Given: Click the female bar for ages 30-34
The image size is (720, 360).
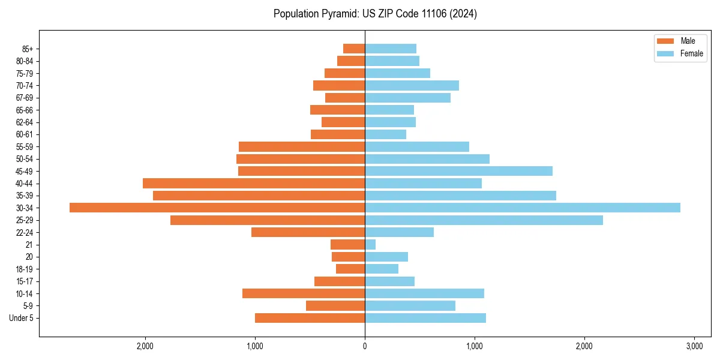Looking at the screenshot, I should pos(522,208).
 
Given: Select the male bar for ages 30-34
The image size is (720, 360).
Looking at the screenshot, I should pos(217,208).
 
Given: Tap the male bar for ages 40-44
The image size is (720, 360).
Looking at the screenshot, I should pos(254,184).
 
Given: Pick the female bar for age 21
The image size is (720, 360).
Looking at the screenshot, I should pos(370,245).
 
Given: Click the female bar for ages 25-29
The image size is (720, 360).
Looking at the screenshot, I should pos(484,220).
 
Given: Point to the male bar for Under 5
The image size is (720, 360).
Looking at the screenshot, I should pos(310,318).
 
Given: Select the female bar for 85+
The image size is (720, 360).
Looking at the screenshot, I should pos(391,49).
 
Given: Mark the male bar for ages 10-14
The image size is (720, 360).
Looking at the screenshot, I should pos(304,293).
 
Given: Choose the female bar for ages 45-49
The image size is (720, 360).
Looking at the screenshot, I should pos(458,171).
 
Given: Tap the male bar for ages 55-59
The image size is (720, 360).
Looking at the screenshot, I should pos(302,146).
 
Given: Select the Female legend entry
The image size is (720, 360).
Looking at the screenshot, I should pos(680,53).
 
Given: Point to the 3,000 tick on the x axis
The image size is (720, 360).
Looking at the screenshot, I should pos(694,346).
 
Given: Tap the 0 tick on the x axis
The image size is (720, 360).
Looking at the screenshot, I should pos(365,346).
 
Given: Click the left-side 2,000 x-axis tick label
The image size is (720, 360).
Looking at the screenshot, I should pos(145,346).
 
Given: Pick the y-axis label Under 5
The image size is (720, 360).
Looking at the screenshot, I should pos(21,318).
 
